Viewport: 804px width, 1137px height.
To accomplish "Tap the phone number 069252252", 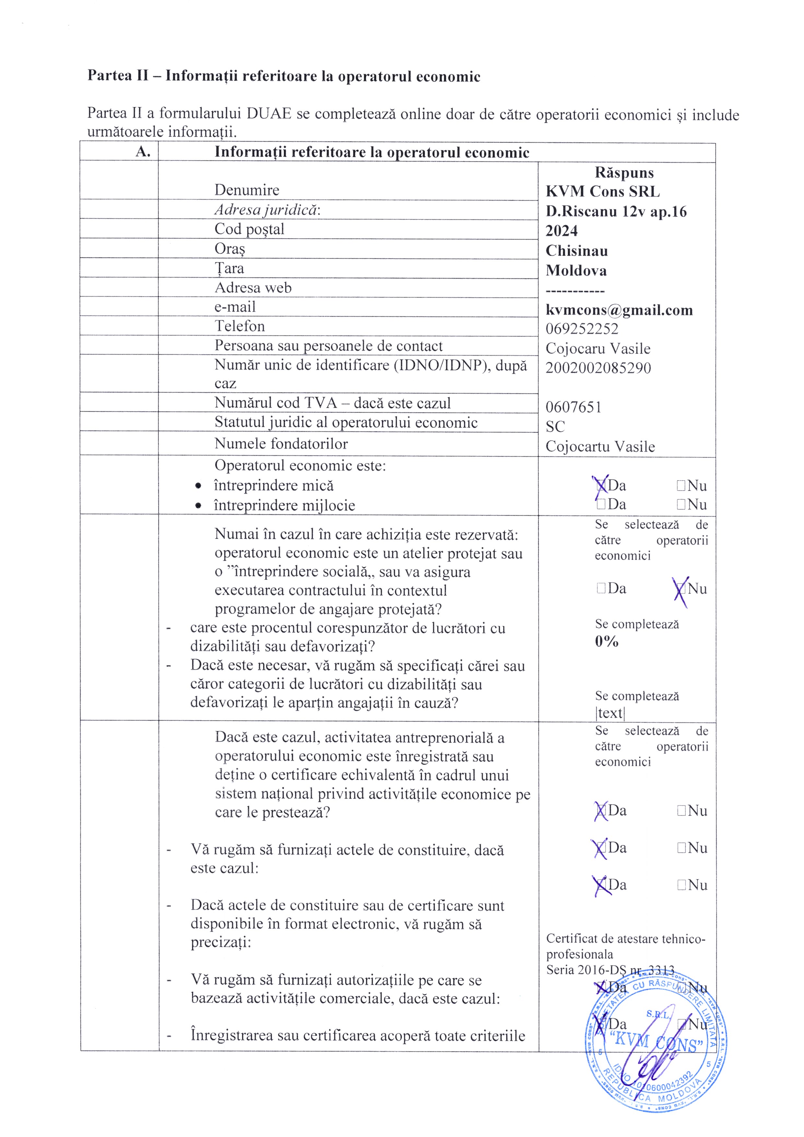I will (x=582, y=329).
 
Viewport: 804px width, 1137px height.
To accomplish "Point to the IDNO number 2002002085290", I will (x=598, y=368).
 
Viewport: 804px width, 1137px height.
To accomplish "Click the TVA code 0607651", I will (x=573, y=407).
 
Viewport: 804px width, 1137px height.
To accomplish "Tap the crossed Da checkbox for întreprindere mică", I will (x=601, y=485).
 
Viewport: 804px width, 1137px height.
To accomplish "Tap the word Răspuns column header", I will (x=624, y=172).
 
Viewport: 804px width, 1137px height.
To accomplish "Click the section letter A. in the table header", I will (x=143, y=152).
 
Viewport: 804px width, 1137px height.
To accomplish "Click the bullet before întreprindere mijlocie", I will (x=198, y=506).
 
